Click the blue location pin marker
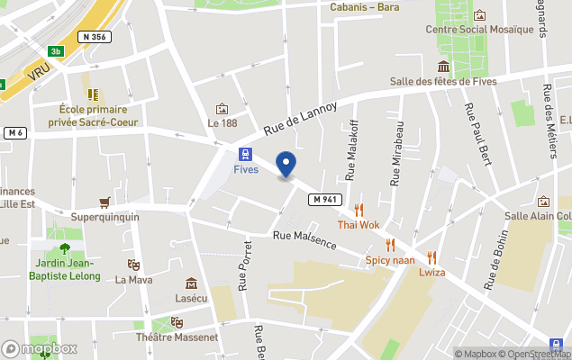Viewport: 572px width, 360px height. pos(286,165)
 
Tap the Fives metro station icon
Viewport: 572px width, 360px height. pos(245,154)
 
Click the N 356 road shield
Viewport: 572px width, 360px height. pos(93,37)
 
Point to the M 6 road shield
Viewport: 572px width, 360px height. pos(14,133)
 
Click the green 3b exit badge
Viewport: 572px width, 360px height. pos(57,51)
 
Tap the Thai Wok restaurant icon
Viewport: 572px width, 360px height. pos(359,210)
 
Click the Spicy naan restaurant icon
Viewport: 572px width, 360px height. pos(390,245)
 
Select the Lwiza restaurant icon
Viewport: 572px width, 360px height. pos(431,256)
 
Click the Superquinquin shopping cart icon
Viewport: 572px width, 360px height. pos(105,202)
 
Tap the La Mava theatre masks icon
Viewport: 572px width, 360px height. pos(133,265)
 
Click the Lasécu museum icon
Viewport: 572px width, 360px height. pos(191,283)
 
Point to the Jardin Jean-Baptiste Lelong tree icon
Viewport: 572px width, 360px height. pos(64,248)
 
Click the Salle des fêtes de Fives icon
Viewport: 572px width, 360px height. pos(443,67)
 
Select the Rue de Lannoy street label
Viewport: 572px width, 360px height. pos(300,119)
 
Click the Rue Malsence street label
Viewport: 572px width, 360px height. pos(304,240)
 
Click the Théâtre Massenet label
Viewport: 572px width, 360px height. pos(177,337)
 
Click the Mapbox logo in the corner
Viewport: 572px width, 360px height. pos(40,348)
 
